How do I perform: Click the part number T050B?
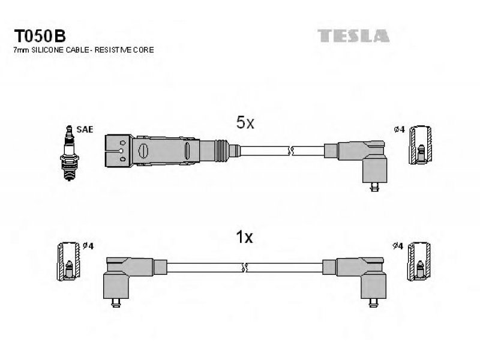40,36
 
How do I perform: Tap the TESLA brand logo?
353,36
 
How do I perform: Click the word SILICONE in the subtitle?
47,50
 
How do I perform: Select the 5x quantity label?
245,123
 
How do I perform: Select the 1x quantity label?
244,237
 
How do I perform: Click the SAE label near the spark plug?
85,130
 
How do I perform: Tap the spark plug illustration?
70,153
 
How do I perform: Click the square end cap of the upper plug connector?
119,151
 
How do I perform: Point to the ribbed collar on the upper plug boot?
221,151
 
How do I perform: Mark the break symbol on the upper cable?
290,151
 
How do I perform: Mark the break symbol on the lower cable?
245,268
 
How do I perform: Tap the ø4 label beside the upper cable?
399,130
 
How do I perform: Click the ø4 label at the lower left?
88,246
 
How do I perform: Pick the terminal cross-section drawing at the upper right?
421,145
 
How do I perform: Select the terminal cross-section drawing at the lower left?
68,261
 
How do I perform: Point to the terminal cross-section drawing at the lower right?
419,261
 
